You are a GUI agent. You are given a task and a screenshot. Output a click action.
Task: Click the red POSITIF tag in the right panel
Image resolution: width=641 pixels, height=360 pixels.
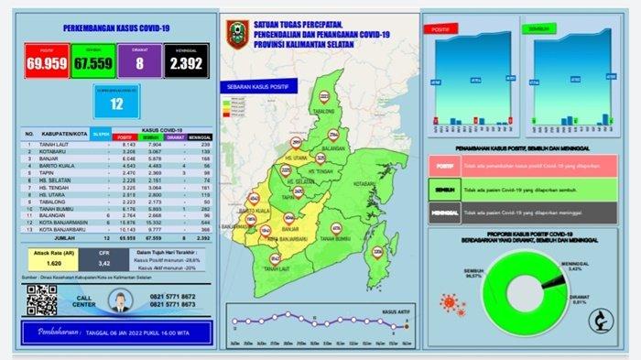click(444, 166)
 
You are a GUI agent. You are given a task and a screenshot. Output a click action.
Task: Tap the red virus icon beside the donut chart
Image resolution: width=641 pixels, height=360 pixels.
click(453, 301)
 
